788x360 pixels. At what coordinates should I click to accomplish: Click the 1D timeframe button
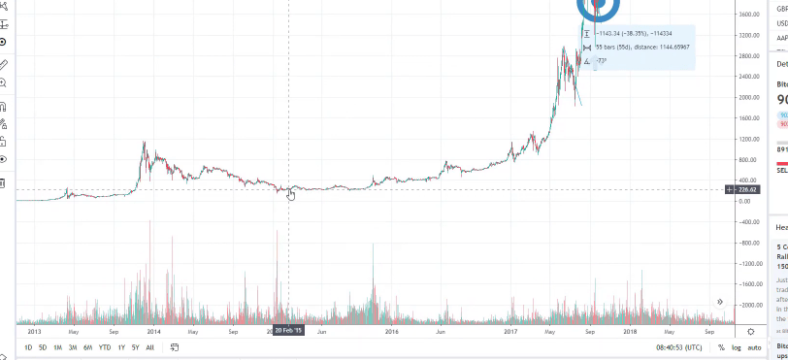click(x=28, y=347)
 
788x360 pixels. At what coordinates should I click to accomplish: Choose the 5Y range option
click(x=135, y=347)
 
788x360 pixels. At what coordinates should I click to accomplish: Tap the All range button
click(x=149, y=347)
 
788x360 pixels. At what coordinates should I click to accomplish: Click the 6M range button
click(x=87, y=347)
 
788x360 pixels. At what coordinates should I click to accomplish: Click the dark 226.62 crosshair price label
click(x=746, y=189)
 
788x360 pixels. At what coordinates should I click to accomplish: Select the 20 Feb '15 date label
click(x=288, y=330)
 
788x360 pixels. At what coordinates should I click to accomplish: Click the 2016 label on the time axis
click(x=391, y=330)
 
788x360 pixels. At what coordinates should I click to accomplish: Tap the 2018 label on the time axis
click(x=630, y=330)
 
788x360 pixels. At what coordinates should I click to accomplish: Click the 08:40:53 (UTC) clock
click(x=678, y=347)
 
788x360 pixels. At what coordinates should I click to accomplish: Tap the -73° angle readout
click(x=602, y=60)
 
